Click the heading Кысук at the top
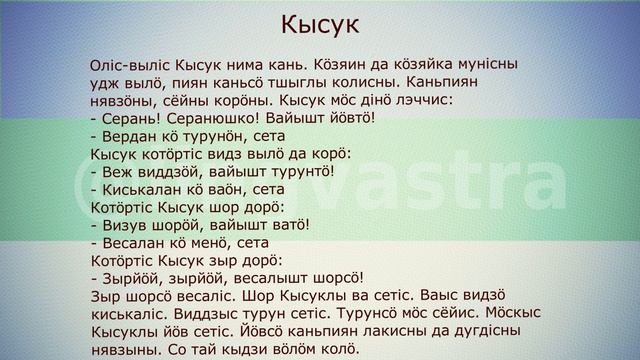[319, 23]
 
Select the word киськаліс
[125, 314]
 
